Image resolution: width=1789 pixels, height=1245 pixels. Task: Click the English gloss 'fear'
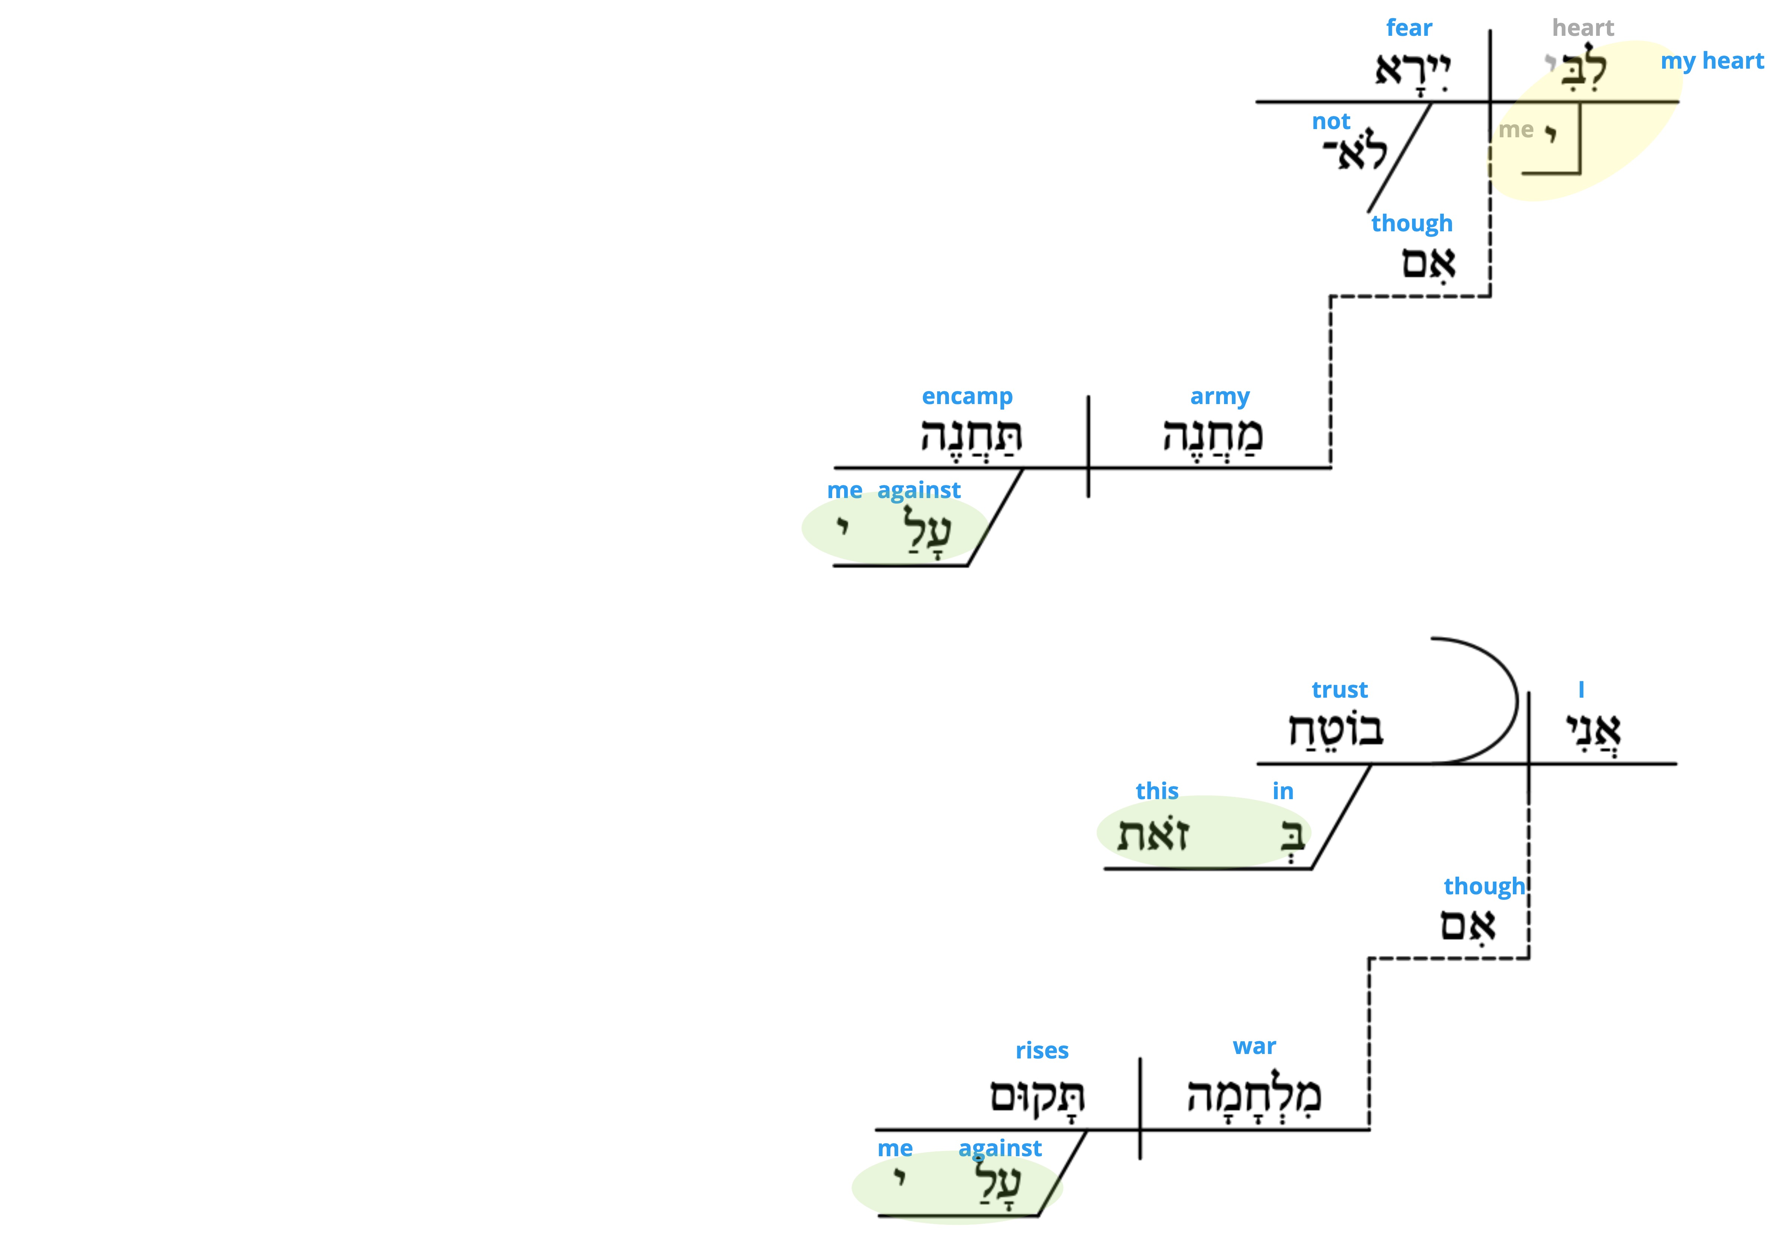click(x=1409, y=28)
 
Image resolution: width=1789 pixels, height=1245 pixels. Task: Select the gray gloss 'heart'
click(x=1583, y=28)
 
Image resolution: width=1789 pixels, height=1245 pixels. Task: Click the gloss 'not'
click(x=1331, y=122)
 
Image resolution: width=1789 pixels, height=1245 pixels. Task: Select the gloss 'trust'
click(x=1339, y=689)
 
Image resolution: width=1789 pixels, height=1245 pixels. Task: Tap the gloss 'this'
click(x=1157, y=791)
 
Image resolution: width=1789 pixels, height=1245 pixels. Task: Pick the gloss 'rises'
click(x=1042, y=1050)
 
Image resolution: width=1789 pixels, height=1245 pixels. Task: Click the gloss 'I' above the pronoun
click(x=1581, y=689)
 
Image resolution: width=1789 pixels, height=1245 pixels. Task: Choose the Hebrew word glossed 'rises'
click(x=1037, y=1096)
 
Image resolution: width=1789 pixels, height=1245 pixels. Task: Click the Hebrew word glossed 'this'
click(x=1153, y=834)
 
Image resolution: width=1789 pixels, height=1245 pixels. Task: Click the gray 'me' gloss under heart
click(x=1515, y=130)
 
